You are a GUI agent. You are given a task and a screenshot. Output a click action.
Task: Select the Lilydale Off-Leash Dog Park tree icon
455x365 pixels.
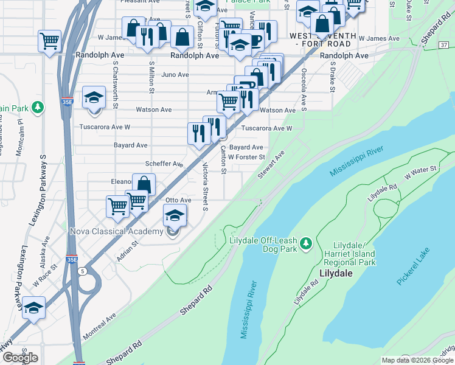point(307,243)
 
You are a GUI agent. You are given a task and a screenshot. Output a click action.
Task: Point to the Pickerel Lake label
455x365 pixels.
point(414,267)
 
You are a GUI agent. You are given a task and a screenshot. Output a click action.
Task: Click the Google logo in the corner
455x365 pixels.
point(20,358)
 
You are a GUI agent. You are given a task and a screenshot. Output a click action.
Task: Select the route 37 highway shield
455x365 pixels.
point(443,45)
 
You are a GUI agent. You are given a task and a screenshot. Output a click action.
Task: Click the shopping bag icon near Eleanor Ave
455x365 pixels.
point(144,184)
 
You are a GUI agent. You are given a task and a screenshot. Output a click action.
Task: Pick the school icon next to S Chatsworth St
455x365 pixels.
point(94,99)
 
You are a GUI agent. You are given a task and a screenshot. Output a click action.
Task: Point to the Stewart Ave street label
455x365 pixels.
point(280,164)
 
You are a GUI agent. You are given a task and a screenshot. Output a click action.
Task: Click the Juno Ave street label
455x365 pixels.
point(176,75)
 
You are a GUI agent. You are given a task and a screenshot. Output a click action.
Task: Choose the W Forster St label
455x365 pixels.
point(246,157)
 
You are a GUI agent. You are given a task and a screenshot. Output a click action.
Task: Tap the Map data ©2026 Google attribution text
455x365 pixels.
point(417,360)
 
